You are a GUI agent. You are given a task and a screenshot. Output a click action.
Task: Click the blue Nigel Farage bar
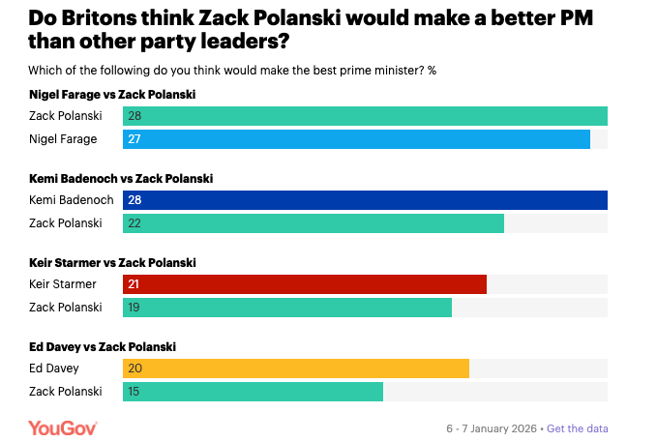[356, 139]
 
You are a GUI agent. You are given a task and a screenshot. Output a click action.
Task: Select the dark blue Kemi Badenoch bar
[365, 200]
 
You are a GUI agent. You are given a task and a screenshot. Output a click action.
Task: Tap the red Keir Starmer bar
[305, 284]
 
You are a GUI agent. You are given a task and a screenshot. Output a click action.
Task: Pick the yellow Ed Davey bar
[296, 368]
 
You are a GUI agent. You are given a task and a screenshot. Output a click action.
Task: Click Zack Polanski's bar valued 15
[254, 391]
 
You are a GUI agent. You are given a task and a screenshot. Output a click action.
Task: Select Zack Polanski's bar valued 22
[314, 222]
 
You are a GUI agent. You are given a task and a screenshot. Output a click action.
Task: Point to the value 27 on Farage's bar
[135, 139]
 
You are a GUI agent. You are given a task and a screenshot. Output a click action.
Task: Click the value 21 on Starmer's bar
[135, 284]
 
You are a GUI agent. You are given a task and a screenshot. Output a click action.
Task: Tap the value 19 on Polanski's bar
[135, 307]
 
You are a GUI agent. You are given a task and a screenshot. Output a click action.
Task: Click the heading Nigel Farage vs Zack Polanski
[114, 95]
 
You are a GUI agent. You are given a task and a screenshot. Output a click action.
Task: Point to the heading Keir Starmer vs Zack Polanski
[114, 263]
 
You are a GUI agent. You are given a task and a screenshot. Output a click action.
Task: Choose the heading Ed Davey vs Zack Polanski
[103, 346]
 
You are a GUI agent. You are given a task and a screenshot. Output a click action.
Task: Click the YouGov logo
[63, 427]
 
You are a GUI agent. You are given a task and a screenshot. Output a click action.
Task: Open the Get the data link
[578, 428]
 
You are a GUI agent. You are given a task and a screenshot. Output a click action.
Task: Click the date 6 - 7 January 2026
[492, 428]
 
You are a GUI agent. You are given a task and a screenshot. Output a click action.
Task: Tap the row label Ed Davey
[54, 368]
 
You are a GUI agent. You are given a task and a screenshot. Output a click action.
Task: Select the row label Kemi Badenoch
[72, 200]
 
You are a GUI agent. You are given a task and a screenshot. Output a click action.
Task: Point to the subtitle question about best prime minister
[232, 70]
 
